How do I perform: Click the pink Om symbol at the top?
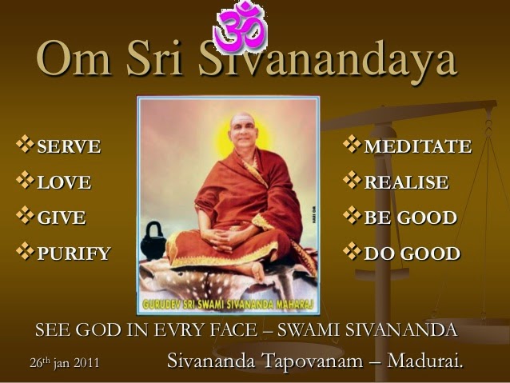click(241, 26)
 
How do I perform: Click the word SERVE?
click(69, 146)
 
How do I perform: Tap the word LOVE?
click(64, 182)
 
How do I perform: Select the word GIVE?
click(62, 217)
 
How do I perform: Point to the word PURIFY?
click(74, 253)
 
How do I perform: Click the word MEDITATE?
click(418, 146)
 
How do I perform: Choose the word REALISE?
click(407, 182)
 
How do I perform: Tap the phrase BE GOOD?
click(411, 217)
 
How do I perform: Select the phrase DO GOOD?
click(412, 253)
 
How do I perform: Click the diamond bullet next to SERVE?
click(25, 145)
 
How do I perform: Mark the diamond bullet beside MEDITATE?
click(352, 145)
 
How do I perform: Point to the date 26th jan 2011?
click(65, 362)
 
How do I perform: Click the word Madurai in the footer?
click(425, 361)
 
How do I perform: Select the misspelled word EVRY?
click(180, 329)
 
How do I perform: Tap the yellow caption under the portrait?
click(228, 305)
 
